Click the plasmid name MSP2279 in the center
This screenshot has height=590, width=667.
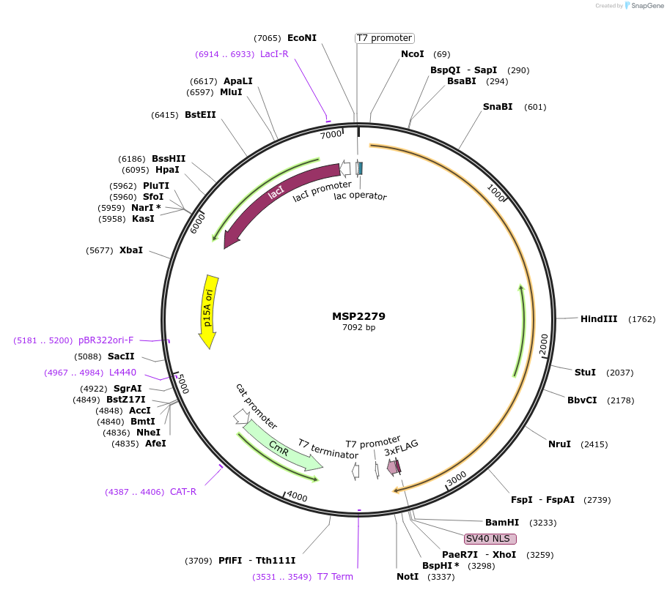point(358,316)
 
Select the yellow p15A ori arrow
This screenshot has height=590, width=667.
point(210,311)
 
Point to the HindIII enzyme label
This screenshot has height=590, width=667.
point(599,319)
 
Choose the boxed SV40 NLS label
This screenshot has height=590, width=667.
point(490,539)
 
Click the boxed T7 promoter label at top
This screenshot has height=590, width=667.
point(384,38)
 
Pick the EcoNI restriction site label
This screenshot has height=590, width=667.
point(302,38)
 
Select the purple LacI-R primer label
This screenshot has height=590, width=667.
point(274,54)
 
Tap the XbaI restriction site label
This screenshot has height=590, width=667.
point(131,250)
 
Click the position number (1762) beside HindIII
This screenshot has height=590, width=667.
point(641,319)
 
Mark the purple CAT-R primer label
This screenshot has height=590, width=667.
point(183,492)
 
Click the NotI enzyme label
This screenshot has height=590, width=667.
point(408,577)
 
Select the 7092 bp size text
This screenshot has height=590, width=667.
point(358,327)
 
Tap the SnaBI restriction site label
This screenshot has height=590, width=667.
point(498,107)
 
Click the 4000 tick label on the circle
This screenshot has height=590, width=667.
point(297,497)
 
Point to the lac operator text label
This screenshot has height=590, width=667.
point(360,195)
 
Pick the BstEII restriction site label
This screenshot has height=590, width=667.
point(200,115)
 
